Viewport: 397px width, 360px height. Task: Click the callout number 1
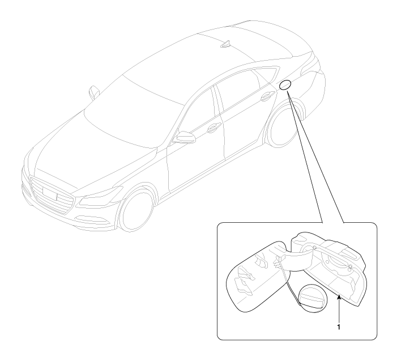pos(339,327)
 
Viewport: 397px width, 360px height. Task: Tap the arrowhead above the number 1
pos(339,298)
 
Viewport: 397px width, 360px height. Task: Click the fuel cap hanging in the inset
pos(312,297)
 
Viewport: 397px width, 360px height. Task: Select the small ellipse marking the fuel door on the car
pos(285,85)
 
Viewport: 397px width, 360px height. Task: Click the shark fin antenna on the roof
pos(226,44)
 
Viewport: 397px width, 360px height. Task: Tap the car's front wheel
pos(136,210)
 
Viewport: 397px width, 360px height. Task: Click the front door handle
pos(214,128)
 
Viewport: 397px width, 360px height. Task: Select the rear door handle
pos(268,96)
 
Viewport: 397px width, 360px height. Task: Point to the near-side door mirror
pos(184,137)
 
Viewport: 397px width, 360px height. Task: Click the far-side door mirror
pos(94,92)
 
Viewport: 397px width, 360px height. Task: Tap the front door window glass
pos(198,113)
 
